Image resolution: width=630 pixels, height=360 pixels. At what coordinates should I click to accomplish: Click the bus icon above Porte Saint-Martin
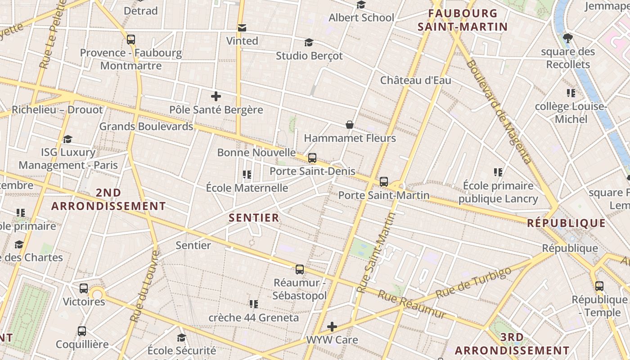[383, 182]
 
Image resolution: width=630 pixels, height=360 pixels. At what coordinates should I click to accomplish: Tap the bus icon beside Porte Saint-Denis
[312, 158]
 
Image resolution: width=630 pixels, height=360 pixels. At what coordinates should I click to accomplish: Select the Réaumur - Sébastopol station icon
[300, 270]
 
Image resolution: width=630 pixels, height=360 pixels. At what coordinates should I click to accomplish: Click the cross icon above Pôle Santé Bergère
[216, 96]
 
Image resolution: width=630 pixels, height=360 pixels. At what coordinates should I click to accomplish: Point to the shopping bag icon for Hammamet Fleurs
[349, 125]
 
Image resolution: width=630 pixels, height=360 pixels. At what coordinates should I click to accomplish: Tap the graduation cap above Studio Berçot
[309, 42]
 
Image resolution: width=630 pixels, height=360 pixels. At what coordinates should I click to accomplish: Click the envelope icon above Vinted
[242, 28]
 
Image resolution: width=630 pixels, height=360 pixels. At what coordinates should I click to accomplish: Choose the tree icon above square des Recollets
[568, 38]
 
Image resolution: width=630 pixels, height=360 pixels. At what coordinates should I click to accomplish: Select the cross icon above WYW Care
[332, 327]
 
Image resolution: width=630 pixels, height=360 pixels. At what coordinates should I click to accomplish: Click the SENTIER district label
[254, 218]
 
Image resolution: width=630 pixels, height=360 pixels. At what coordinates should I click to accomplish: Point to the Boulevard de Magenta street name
[498, 111]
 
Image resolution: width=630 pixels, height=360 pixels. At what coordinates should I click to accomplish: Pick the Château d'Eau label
[415, 81]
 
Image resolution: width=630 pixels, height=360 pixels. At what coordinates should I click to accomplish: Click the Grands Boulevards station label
[146, 126]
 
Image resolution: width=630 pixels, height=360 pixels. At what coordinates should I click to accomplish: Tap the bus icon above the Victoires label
[84, 288]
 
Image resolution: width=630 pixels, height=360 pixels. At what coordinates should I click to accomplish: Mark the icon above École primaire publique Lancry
[498, 172]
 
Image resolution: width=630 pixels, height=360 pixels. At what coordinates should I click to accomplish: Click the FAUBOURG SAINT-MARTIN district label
[463, 20]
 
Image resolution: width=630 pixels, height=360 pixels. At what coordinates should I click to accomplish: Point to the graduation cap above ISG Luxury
[67, 139]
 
